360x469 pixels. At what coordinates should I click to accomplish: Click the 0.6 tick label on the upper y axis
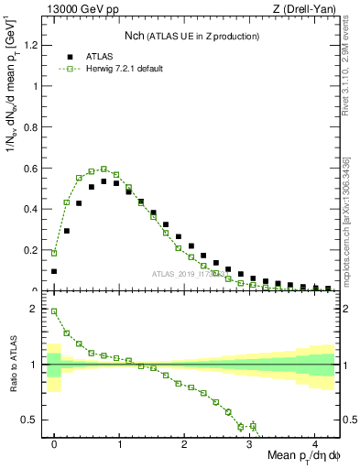pos(33,169)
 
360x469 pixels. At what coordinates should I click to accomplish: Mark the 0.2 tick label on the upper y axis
pos(33,250)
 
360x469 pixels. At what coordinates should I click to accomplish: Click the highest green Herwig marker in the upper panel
pos(104,169)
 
